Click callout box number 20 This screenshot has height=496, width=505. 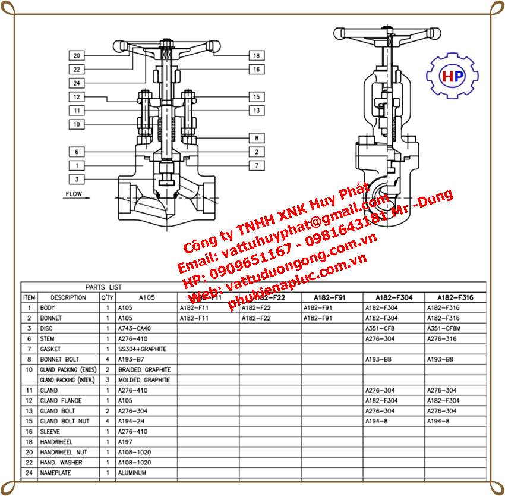77,56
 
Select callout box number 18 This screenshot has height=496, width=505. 257,56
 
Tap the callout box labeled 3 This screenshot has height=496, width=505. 77,179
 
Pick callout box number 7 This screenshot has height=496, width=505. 257,165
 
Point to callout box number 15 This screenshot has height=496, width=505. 257,97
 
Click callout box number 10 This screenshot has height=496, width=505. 77,124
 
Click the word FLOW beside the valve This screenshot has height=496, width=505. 74,194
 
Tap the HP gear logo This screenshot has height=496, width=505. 453,76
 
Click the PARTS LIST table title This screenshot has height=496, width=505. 103,287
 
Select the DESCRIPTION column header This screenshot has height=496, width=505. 68,297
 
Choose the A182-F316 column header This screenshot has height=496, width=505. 455,297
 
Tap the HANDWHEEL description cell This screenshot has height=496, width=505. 56,442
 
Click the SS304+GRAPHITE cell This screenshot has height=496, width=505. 143,349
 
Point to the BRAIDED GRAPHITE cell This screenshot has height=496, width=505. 144,370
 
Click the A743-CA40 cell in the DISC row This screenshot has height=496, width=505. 134,328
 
